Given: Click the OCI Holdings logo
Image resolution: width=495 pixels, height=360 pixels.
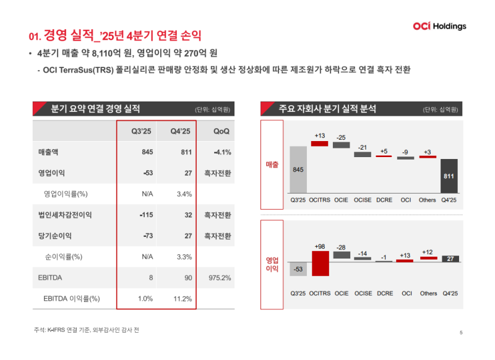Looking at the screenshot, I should coord(439,26).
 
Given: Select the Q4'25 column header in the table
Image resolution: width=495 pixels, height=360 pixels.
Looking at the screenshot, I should coord(181,131).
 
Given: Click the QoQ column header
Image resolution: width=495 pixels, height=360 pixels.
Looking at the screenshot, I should coord(222,131).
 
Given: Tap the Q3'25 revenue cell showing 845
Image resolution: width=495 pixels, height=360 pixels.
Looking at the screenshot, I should coord(147,152).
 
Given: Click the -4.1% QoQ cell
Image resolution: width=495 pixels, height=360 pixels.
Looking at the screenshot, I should coord(222,152).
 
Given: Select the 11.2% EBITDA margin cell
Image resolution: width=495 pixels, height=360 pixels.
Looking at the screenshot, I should coord(181,299).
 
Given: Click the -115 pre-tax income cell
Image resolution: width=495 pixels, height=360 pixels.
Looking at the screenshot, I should coord(145,215).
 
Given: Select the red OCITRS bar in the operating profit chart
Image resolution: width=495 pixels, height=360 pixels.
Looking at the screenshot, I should coord(320,263).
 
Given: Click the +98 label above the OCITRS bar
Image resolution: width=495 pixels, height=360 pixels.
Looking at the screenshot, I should coord(320,246).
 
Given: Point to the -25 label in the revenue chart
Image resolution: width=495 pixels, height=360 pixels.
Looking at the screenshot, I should coord(341,137).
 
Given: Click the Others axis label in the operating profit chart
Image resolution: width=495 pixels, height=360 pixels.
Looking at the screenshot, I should coord(428,293).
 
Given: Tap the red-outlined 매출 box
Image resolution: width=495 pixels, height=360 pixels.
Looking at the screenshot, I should coord(272,165).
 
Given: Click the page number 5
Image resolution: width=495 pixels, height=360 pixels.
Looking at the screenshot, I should coord(461,333).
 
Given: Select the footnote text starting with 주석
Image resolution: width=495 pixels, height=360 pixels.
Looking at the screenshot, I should coord(87,330).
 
